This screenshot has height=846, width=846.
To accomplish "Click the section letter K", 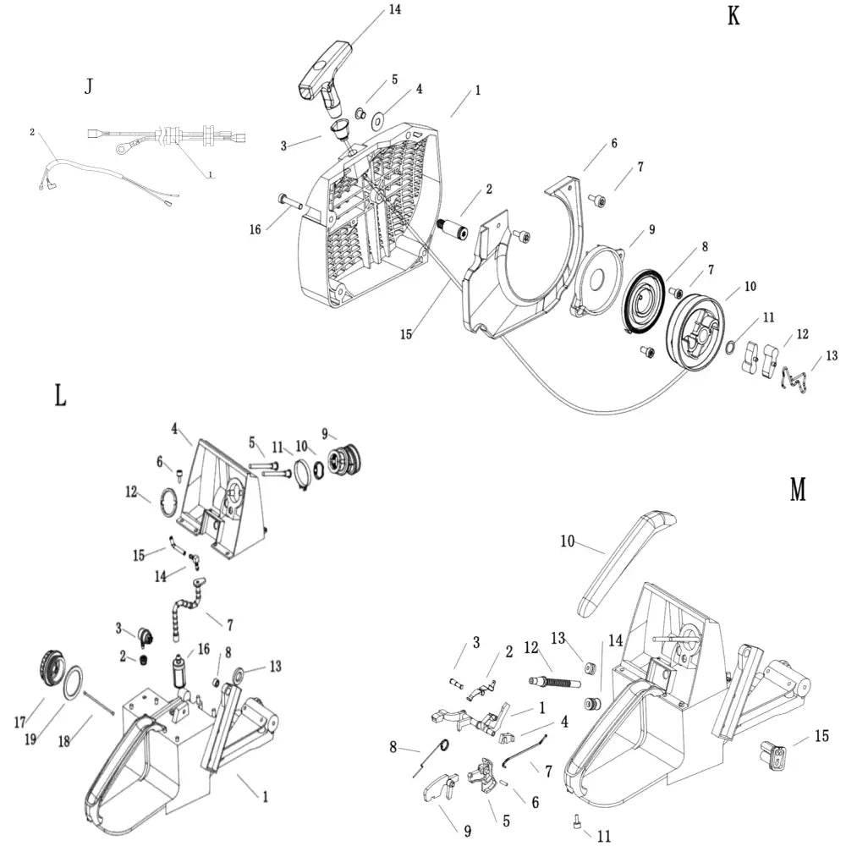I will coord(733,16).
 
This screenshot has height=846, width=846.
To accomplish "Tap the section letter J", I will coord(89,86).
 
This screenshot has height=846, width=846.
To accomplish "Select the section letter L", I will coord(60,395).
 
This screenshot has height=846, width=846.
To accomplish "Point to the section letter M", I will coord(797,489).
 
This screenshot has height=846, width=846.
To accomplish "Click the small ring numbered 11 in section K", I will coord(732,347).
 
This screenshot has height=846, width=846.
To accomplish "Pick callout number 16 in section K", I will coord(255,228).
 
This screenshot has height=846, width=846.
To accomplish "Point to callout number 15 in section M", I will coord(821,736).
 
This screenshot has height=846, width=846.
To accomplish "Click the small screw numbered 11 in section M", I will coord(577,819).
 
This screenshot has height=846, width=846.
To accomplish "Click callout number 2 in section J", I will coord(32,132).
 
